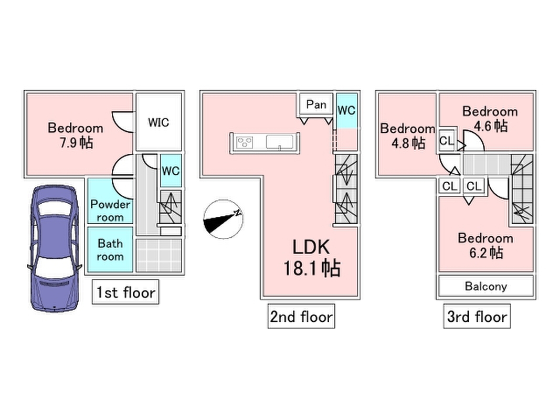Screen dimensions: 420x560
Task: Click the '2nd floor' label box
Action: [x=301, y=317]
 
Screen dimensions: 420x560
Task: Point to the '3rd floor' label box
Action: [x=477, y=317]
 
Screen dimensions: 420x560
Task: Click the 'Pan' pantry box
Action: [x=316, y=104]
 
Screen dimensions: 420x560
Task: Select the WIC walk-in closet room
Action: [x=159, y=122]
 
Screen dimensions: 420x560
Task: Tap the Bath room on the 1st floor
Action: [x=110, y=250]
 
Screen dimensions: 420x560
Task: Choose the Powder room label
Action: [x=110, y=210]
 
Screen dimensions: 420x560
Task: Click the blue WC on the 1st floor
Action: [x=171, y=171]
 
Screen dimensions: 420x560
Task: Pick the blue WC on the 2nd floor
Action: [x=346, y=111]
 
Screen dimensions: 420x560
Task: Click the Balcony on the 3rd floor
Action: [x=485, y=287]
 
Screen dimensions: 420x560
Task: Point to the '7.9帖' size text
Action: [x=76, y=142]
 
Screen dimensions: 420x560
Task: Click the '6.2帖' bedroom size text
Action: [x=486, y=253]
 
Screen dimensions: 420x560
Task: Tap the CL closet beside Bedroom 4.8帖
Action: [x=446, y=141]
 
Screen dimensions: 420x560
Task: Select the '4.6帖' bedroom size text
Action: [x=490, y=126]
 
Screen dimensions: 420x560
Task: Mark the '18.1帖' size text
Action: [x=312, y=268]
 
